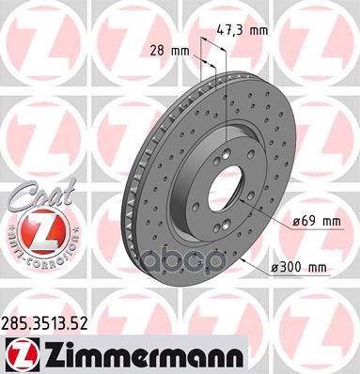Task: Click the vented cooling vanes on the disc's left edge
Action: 134,202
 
